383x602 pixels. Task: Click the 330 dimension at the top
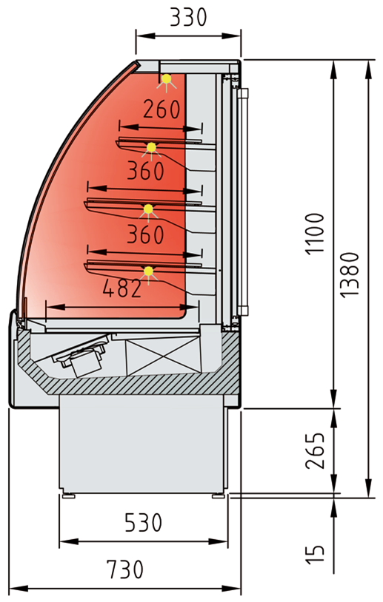coord(188,17)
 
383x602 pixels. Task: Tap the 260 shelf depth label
coord(161,109)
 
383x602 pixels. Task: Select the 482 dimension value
coord(122,288)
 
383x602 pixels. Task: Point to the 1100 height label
coord(315,234)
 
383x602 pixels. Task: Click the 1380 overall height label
coord(349,274)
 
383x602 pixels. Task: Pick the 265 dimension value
coord(315,450)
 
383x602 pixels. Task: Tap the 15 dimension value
coord(315,555)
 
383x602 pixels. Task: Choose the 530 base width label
coord(143,523)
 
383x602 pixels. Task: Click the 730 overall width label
coord(125,569)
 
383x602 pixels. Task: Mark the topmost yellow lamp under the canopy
coord(167,79)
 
